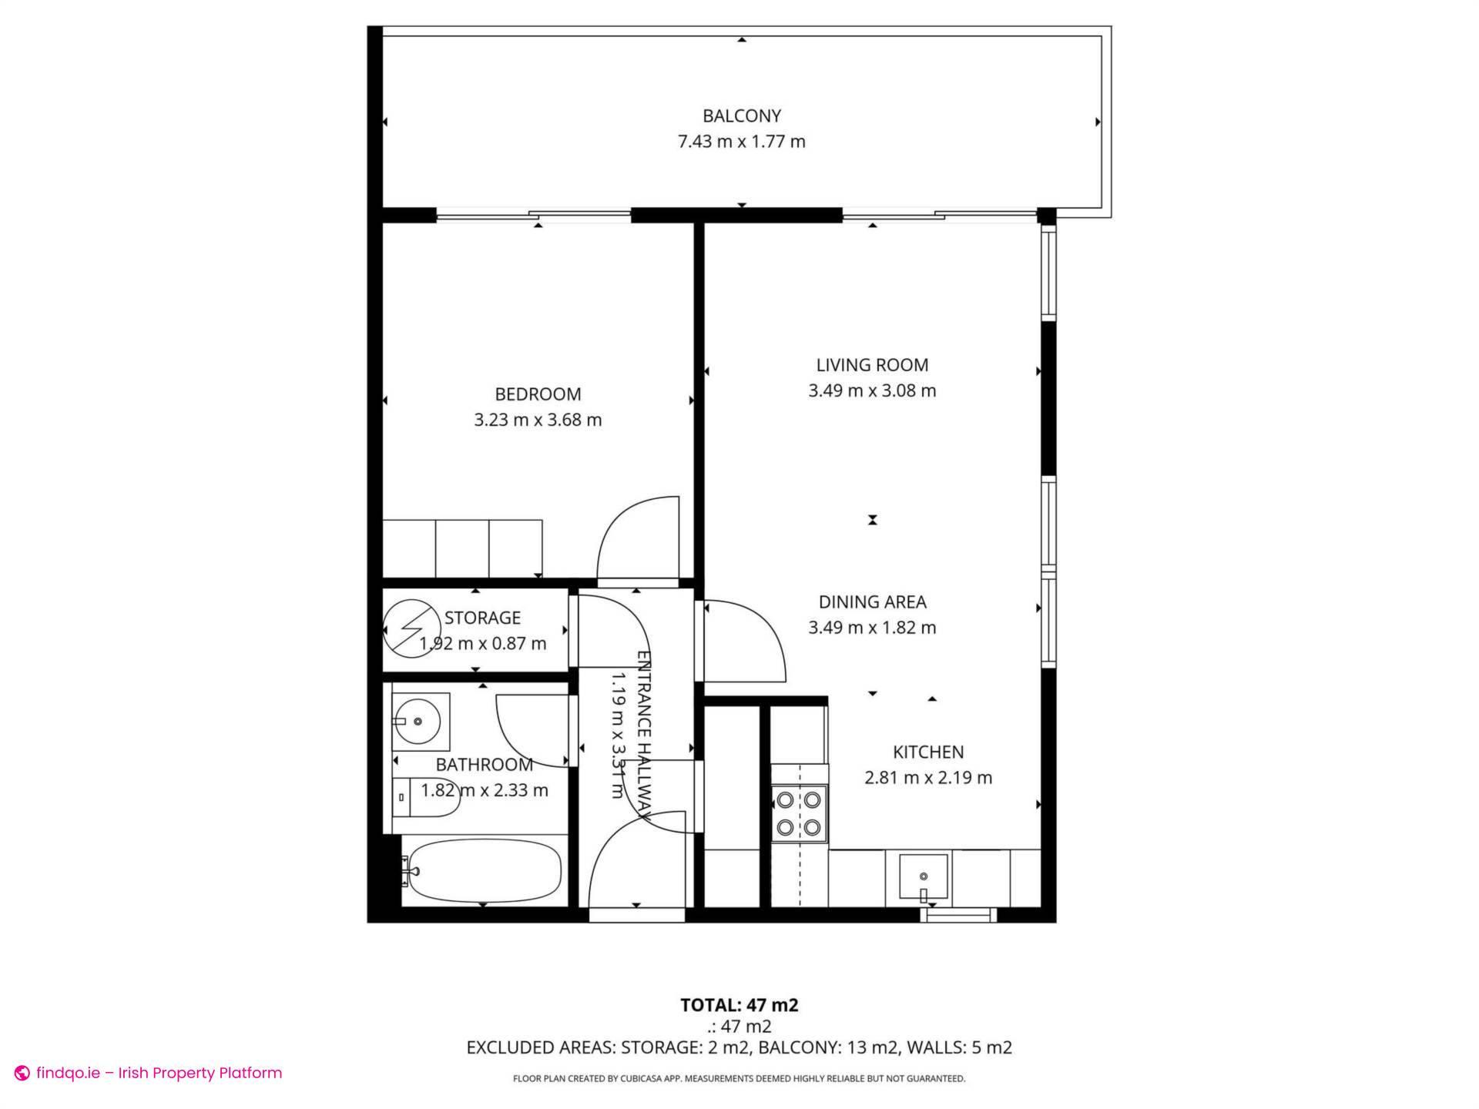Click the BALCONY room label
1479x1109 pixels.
[x=741, y=116]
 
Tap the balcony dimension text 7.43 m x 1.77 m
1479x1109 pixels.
[x=741, y=142]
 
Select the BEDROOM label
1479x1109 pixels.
[x=538, y=394]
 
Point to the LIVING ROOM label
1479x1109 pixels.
[x=872, y=365]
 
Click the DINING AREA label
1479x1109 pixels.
[x=872, y=602]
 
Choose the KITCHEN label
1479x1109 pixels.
[x=927, y=752]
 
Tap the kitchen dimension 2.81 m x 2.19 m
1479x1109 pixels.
[x=927, y=778]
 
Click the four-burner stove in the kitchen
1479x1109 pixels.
[x=798, y=813]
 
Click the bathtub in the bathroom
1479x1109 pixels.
[x=484, y=870]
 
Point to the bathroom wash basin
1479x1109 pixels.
[x=418, y=722]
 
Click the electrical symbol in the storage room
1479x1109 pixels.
[x=409, y=628]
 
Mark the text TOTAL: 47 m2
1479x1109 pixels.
[x=739, y=1005]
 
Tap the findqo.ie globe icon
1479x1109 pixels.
[x=22, y=1073]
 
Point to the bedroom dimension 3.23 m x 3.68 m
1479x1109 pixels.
[x=538, y=420]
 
